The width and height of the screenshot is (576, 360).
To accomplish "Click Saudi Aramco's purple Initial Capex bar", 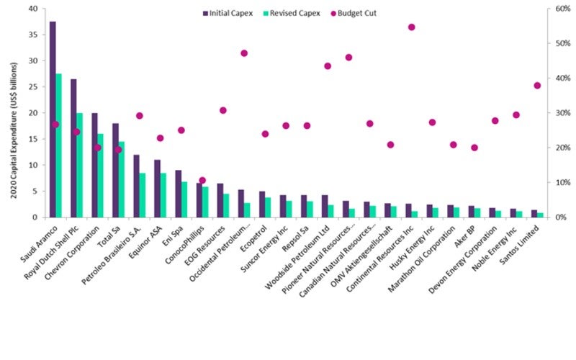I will click(x=53, y=119).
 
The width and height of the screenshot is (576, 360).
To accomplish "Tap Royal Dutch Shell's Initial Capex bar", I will click(x=73, y=148).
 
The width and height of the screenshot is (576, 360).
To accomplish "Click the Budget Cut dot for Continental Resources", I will click(x=412, y=27).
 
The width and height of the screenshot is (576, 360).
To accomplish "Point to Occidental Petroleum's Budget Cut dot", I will click(x=244, y=53).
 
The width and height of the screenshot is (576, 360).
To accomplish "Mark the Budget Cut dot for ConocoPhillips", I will click(x=202, y=180).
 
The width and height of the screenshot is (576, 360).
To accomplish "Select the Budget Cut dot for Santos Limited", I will click(x=537, y=86).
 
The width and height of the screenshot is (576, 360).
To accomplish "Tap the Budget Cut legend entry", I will click(x=356, y=13).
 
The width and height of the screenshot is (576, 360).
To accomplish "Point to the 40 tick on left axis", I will click(x=33, y=9).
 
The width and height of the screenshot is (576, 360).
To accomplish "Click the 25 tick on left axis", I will click(x=33, y=87).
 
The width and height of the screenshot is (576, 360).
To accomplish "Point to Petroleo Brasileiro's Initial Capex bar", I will click(x=136, y=186).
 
